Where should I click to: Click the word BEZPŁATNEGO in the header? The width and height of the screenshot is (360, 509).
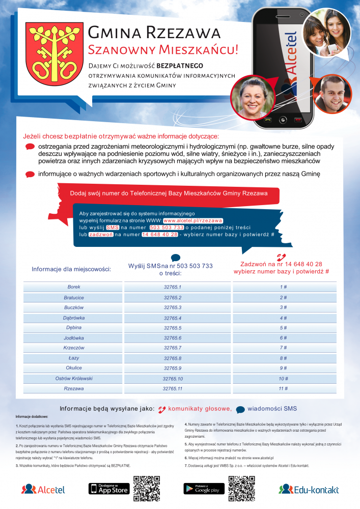point(180,66)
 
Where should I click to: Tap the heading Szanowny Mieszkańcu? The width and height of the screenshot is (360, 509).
point(163,49)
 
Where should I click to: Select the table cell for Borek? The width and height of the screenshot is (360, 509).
point(74,287)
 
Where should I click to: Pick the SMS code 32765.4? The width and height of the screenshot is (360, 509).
point(173,318)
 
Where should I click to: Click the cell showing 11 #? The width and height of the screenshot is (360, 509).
point(284,388)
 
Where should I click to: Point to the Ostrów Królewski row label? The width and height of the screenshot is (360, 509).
point(74,378)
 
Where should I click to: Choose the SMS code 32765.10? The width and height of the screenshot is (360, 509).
point(173,378)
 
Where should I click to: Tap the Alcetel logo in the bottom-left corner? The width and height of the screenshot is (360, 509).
point(43,490)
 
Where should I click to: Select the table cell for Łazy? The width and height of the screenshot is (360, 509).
point(74,358)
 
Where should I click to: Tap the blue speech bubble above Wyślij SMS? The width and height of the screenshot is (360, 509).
point(175,258)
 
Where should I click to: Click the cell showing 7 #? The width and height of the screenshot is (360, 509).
point(284,348)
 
